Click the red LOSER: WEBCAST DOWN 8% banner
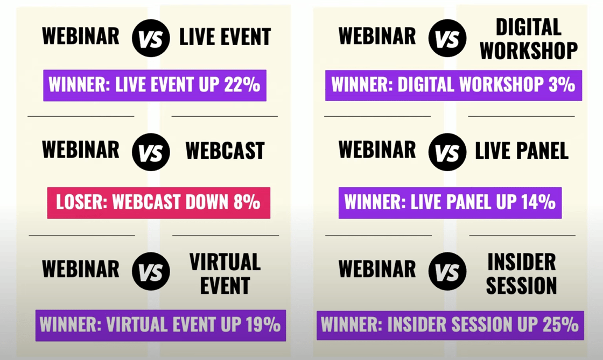158,203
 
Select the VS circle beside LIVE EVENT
151,38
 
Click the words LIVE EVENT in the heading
225,37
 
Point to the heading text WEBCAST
225,151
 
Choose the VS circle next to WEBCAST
151,152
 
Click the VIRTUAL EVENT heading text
225,273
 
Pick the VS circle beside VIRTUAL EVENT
151,271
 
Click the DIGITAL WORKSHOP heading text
528,38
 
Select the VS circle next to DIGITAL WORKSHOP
447,38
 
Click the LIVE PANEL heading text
521,151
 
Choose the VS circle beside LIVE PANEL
447,152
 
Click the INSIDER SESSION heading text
521,273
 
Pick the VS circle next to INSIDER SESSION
447,271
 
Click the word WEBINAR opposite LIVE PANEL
377,150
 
